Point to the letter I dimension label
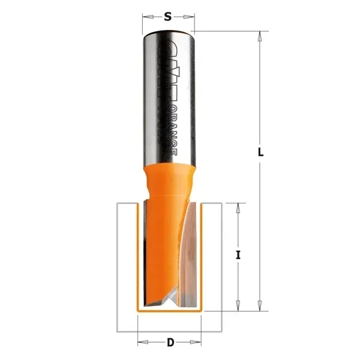pyautogui.click(x=238, y=255)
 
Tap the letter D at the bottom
pyautogui.click(x=170, y=343)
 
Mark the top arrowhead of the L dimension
pyautogui.click(x=259, y=35)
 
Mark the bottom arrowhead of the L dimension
pyautogui.click(x=259, y=307)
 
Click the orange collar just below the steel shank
pyautogui.click(x=169, y=177)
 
